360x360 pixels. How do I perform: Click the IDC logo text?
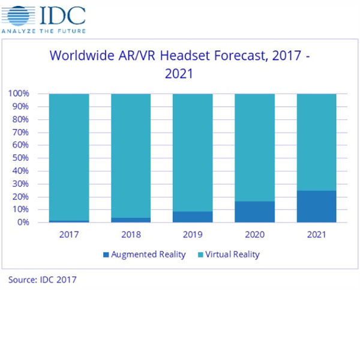(62, 13)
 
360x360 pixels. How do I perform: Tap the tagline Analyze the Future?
(43, 30)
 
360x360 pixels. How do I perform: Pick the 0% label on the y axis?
(23, 222)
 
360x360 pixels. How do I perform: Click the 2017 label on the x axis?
(69, 234)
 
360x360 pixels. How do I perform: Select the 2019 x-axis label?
(193, 234)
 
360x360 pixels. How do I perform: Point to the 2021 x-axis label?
(316, 234)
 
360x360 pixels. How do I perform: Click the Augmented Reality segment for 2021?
(316, 206)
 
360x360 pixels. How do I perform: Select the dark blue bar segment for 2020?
(254, 212)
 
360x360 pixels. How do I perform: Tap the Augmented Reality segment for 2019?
(193, 217)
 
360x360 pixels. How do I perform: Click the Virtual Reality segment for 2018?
(131, 155)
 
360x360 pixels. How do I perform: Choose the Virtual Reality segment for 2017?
(69, 157)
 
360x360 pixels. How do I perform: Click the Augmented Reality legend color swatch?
(106, 255)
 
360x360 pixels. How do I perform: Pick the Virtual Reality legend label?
(232, 254)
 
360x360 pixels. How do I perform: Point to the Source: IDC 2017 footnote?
(43, 280)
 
